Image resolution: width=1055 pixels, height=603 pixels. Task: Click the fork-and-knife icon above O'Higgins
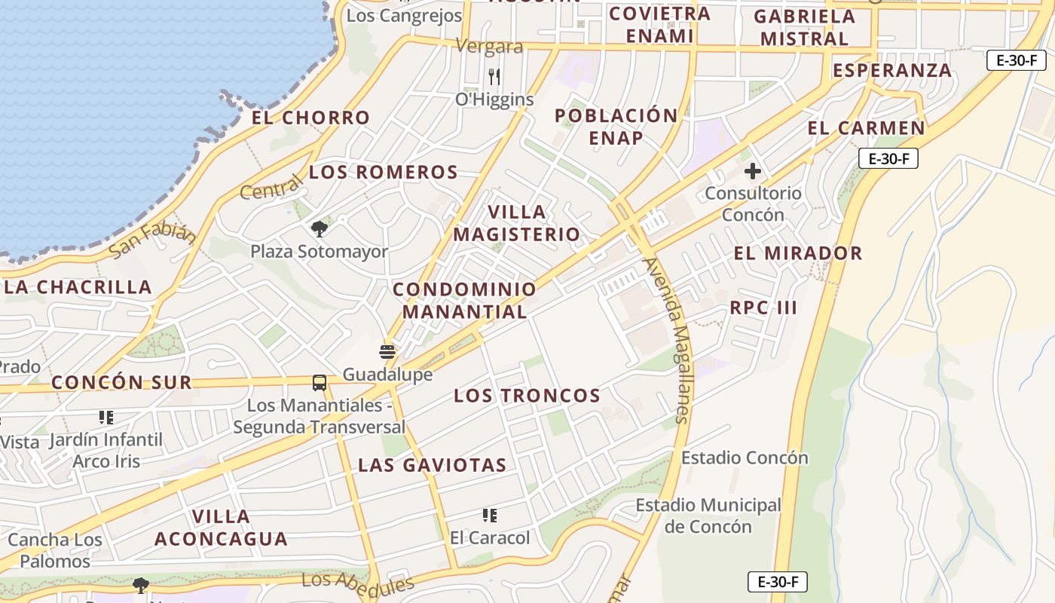pyautogui.click(x=494, y=76)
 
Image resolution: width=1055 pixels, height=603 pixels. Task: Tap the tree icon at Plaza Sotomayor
pyautogui.click(x=320, y=228)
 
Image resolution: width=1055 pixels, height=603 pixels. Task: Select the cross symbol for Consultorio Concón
pyautogui.click(x=752, y=171)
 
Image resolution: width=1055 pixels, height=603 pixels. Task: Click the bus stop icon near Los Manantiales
pyautogui.click(x=320, y=383)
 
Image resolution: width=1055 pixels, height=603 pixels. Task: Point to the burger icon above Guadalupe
pyautogui.click(x=387, y=352)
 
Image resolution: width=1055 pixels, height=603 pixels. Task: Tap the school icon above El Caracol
pyautogui.click(x=490, y=516)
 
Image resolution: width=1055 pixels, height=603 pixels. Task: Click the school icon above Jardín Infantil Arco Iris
pyautogui.click(x=105, y=417)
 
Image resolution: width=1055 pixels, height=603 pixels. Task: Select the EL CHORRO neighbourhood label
pyautogui.click(x=310, y=118)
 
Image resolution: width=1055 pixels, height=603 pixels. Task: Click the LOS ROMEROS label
pyautogui.click(x=384, y=173)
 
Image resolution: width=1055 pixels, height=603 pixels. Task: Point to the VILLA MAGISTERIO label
pyautogui.click(x=516, y=223)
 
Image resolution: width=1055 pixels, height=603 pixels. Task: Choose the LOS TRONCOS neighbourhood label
pyautogui.click(x=527, y=396)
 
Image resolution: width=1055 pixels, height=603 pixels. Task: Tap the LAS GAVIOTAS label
pyautogui.click(x=432, y=465)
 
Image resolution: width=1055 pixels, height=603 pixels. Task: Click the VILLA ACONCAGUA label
pyautogui.click(x=221, y=528)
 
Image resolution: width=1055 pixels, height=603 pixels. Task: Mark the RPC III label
pyautogui.click(x=763, y=308)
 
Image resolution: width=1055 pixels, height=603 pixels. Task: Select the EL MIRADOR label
pyautogui.click(x=798, y=253)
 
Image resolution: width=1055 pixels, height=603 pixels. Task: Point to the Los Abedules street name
pyautogui.click(x=358, y=582)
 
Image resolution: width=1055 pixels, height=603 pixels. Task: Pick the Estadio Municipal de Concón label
pyautogui.click(x=708, y=516)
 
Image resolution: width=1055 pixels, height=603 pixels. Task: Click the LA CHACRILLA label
pyautogui.click(x=78, y=287)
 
